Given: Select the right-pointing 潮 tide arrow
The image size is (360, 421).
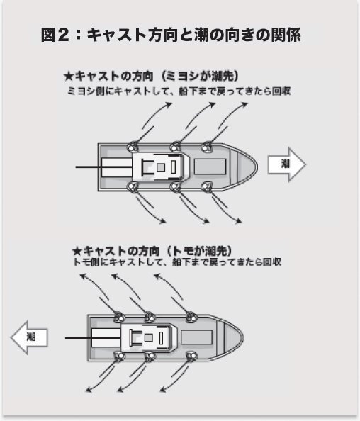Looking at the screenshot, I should [286, 164].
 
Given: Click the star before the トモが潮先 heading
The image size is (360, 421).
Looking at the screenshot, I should [78, 249].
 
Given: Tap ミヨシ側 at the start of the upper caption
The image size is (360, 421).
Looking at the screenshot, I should [83, 91].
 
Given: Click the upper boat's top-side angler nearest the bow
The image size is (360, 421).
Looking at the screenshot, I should [207, 147].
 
